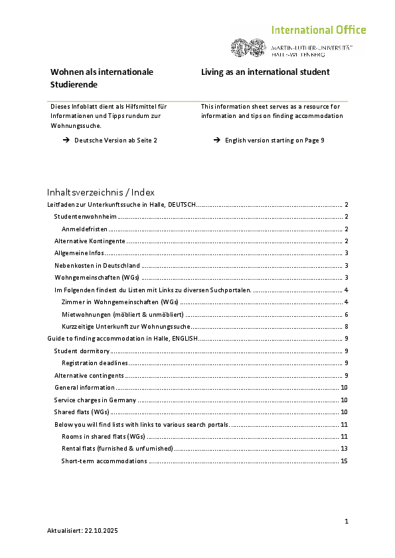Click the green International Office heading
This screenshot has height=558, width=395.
pos(318,30)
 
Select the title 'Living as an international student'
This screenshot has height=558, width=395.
pos(266,72)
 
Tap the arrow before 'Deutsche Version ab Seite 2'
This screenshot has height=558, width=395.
pos(66,140)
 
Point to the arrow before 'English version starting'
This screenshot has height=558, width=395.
pos(217,140)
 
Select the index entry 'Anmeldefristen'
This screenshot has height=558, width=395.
pos(80,229)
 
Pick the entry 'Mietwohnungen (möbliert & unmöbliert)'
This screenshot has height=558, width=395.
pos(123,314)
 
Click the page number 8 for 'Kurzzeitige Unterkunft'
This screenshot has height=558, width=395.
pos(347,327)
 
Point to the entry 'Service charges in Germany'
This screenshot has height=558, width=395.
pos(96,400)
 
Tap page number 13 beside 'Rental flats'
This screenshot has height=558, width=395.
pos(345,449)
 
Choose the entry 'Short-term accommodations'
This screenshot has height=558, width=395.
pos(104,461)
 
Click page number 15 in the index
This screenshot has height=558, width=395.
pos(345,461)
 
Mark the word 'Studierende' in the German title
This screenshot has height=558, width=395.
pos(74,85)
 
